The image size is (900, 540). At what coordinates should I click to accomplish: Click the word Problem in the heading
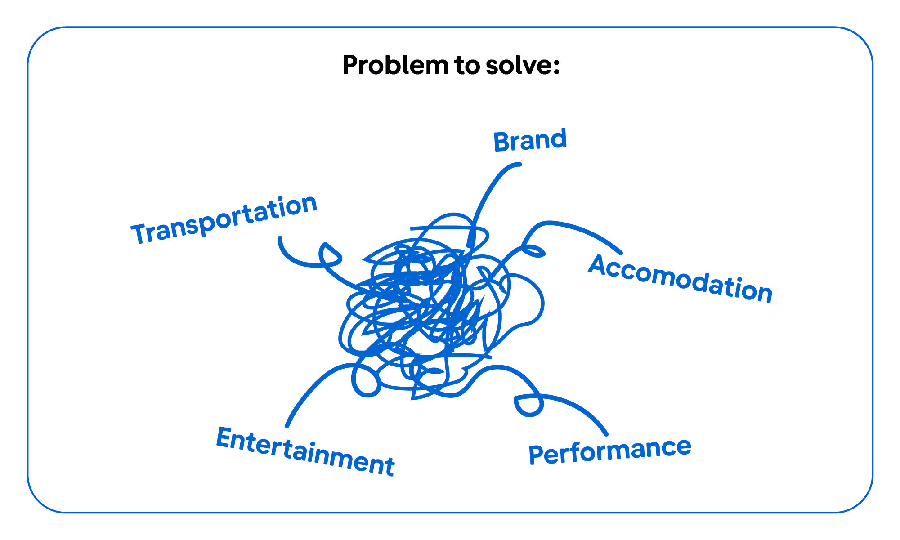pyautogui.click(x=395, y=65)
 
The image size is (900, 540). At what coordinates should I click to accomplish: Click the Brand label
pyautogui.click(x=530, y=141)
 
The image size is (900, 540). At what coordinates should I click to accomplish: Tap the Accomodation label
pyautogui.click(x=680, y=279)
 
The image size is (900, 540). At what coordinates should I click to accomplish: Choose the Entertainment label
pyautogui.click(x=305, y=451)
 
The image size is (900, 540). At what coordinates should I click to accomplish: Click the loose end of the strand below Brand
pyautogui.click(x=519, y=165)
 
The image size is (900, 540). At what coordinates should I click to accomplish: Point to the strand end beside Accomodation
pyautogui.click(x=621, y=253)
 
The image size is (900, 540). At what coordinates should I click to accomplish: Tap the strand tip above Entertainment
pyautogui.click(x=287, y=425)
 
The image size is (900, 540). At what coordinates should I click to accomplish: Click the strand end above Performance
pyautogui.click(x=606, y=434)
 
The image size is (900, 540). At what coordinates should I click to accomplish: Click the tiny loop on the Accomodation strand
pyautogui.click(x=534, y=251)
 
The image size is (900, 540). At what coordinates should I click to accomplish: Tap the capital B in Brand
pyautogui.click(x=501, y=143)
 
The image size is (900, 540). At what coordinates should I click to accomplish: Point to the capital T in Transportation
pyautogui.click(x=140, y=233)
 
